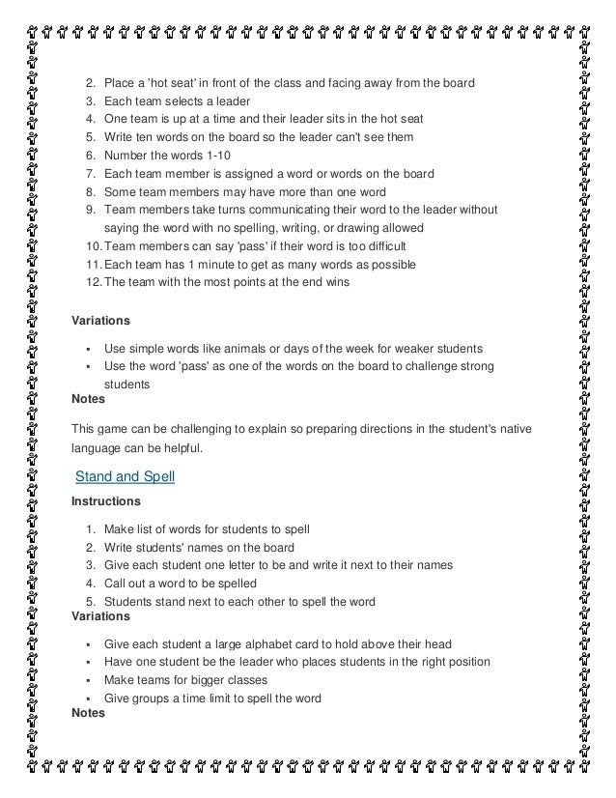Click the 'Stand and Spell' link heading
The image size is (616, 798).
(x=125, y=475)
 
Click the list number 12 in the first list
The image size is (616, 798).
(x=90, y=282)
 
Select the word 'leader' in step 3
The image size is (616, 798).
(x=234, y=101)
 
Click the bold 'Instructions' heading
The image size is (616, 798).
(x=106, y=501)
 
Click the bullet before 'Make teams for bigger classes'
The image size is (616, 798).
(x=88, y=681)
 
